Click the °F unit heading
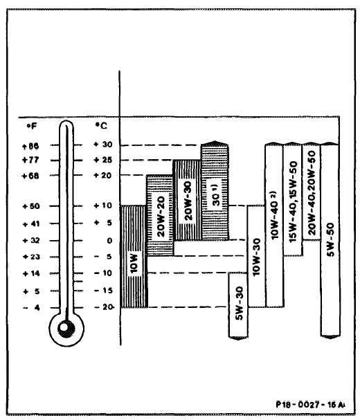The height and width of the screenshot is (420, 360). pyautogui.click(x=31, y=126)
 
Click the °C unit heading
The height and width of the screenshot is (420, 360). pyautogui.click(x=101, y=126)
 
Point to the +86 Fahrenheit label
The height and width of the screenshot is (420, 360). pyautogui.click(x=30, y=146)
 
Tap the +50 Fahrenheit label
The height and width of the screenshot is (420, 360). pyautogui.click(x=31, y=206)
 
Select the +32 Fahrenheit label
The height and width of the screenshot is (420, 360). pyautogui.click(x=32, y=241)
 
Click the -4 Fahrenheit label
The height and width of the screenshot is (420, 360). pyautogui.click(x=32, y=308)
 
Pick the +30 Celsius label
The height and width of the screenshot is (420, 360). pyautogui.click(x=103, y=145)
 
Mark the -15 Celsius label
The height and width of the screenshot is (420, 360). pyautogui.click(x=103, y=291)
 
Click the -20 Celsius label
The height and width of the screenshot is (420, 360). pyautogui.click(x=103, y=307)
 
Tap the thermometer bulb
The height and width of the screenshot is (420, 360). pyautogui.click(x=66, y=329)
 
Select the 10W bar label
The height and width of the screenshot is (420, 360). pyautogui.click(x=134, y=264)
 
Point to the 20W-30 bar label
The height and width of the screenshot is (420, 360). pyautogui.click(x=188, y=201)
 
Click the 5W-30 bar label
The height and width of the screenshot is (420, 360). pyautogui.click(x=239, y=303)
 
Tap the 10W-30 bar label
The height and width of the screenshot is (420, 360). pyautogui.click(x=256, y=257)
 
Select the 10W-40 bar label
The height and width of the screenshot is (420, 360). pyautogui.click(x=275, y=215)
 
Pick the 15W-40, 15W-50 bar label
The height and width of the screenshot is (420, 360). pyautogui.click(x=293, y=202)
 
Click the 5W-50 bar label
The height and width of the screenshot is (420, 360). pyautogui.click(x=330, y=239)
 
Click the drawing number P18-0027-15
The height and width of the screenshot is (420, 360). pyautogui.click(x=310, y=405)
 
